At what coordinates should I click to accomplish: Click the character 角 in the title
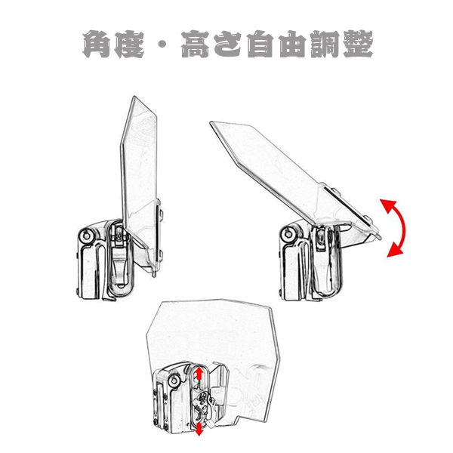pos(98,45)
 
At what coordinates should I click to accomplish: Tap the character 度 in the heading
pos(134,45)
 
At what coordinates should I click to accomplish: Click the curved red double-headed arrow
pos(399,227)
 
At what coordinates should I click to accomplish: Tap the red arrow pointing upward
pos(199,376)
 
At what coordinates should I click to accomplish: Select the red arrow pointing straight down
pos(199,427)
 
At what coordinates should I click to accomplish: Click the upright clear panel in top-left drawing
pos(140,166)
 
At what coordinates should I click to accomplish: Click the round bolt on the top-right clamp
pos(288,234)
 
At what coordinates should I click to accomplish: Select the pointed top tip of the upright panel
pos(133,97)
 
